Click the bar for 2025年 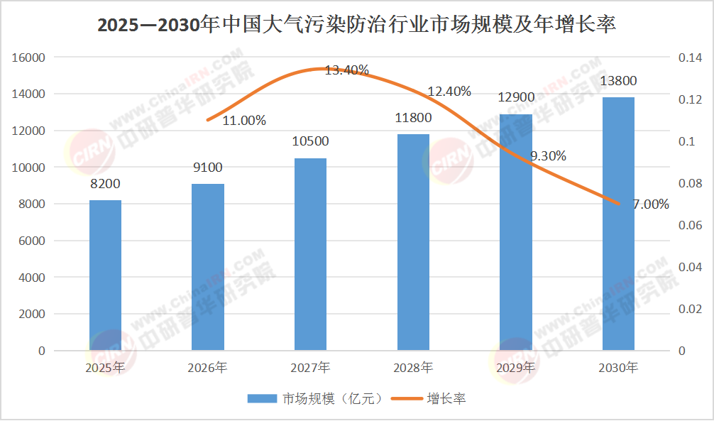point(106,275)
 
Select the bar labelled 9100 point(208,267)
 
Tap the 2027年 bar point(310,254)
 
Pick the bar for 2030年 point(618,224)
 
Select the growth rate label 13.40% point(346,70)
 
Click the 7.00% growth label point(651,204)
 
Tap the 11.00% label point(244,121)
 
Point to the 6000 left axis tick point(32,241)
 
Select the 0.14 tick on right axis point(690,58)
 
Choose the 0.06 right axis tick point(690,226)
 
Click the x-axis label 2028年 point(413,368)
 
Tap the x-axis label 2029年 point(515,368)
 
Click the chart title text point(356,26)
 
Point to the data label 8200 point(106,184)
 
